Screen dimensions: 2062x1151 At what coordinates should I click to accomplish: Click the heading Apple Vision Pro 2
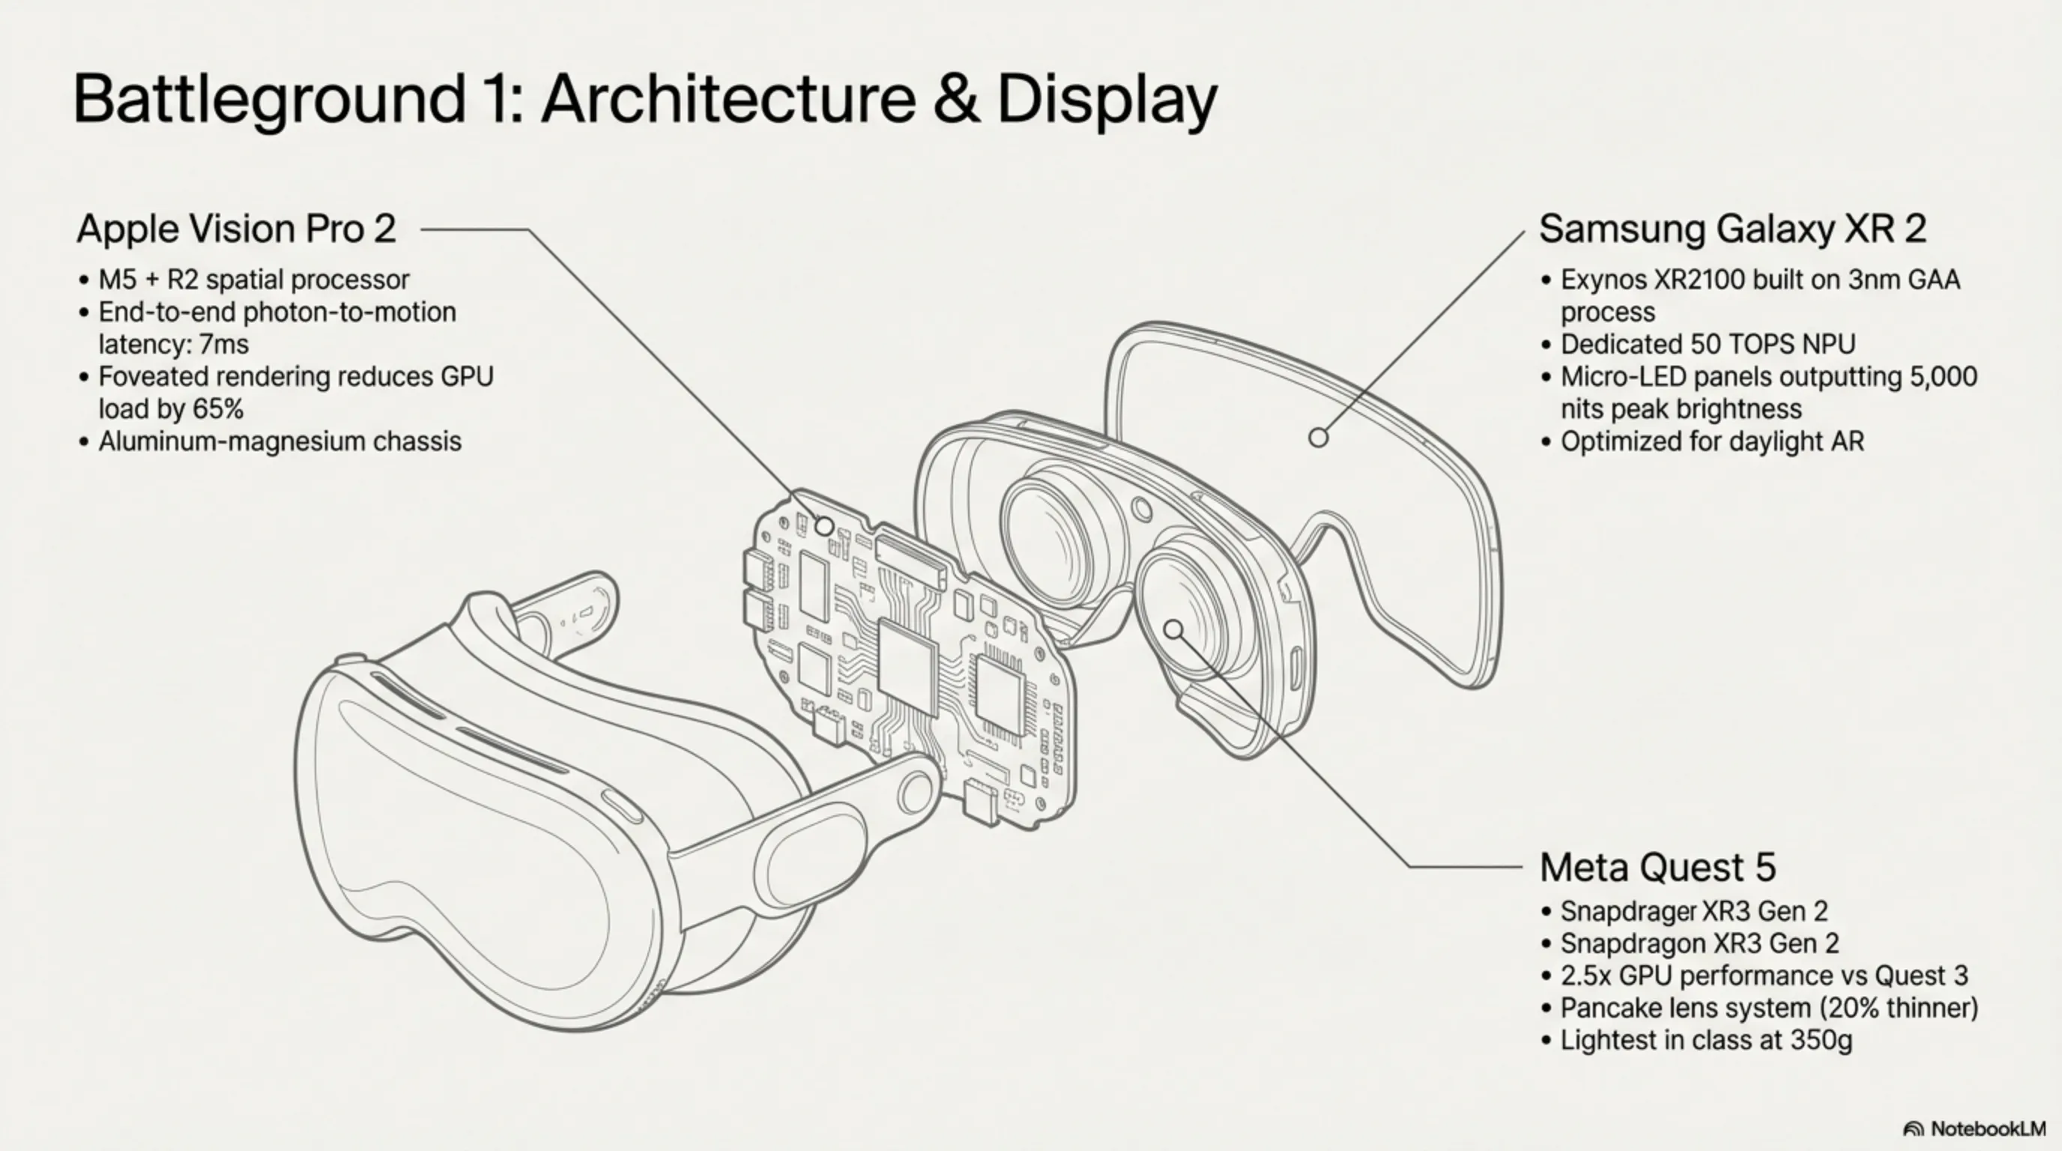[236, 229]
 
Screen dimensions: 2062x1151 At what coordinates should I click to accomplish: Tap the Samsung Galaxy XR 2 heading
[1732, 229]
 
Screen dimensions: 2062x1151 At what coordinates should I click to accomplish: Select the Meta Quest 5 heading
[1657, 867]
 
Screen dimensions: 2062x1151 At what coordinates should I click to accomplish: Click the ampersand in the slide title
[956, 98]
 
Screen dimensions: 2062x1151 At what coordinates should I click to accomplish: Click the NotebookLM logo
[1974, 1129]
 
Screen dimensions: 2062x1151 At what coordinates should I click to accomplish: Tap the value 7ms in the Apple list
[223, 344]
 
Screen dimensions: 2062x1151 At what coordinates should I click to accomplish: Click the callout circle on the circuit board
[823, 526]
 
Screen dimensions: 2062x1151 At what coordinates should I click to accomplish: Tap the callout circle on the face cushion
[1317, 438]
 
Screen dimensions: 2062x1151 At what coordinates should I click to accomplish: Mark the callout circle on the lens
[1173, 630]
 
